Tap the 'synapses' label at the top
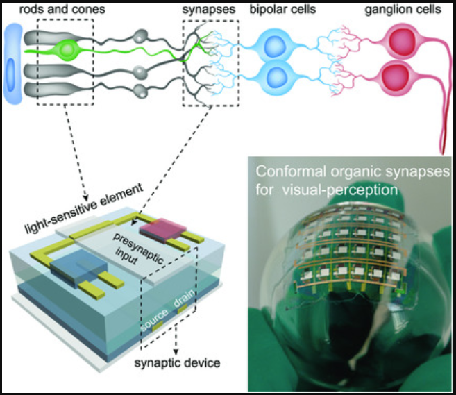[208, 10]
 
